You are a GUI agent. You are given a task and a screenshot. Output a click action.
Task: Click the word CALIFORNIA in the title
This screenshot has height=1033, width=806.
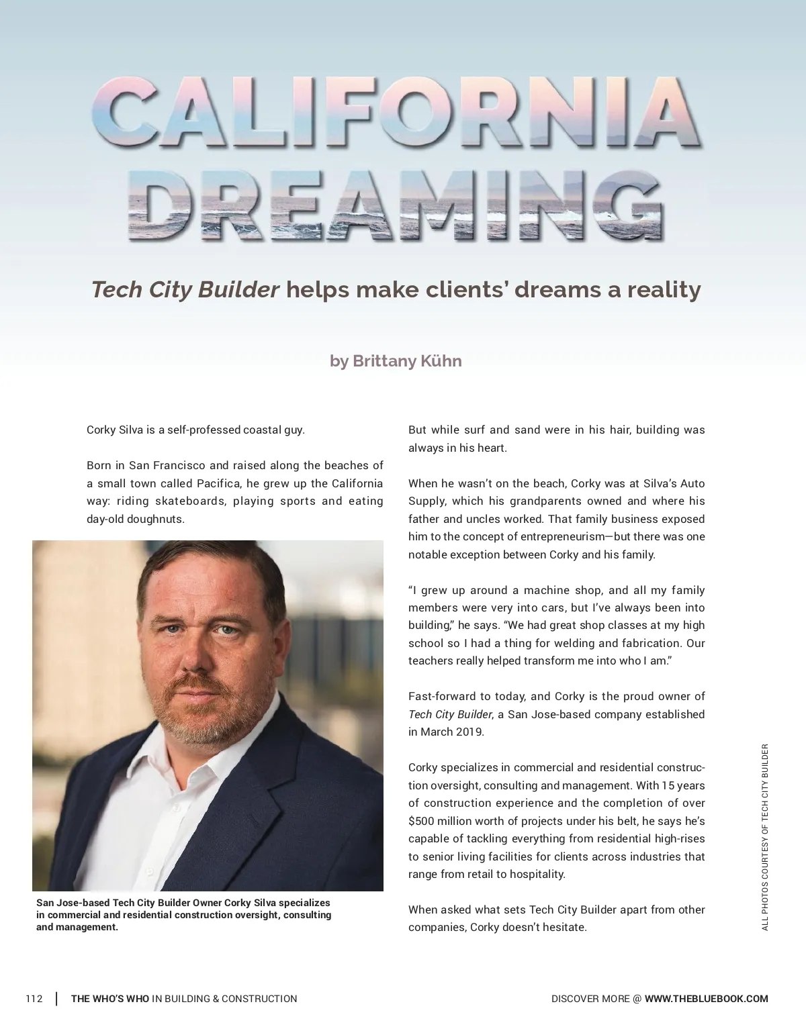coord(396,114)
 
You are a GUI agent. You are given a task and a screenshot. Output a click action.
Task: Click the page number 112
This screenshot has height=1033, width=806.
coord(34,999)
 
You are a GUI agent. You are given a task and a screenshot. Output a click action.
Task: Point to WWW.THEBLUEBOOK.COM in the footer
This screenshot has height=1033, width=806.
coord(706,999)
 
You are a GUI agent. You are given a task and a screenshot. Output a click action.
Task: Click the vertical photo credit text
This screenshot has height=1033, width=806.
coord(764,836)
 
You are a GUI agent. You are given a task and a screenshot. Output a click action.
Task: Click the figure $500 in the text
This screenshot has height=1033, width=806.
coord(422,821)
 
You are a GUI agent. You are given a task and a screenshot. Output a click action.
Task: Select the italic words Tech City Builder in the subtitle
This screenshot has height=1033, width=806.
coord(185,290)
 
